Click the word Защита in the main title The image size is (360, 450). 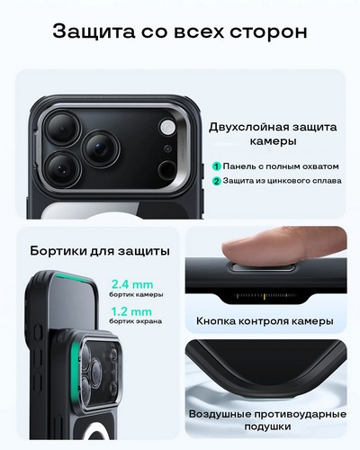(x=94, y=31)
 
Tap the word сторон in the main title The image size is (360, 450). (x=268, y=31)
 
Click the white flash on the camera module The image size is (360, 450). (x=167, y=127)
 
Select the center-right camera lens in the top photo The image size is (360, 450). (x=101, y=148)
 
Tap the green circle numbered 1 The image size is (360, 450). (x=217, y=166)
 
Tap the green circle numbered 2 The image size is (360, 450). (x=217, y=181)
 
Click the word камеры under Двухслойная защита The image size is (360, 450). (x=273, y=141)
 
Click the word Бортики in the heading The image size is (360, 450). (x=58, y=251)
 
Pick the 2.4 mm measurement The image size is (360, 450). (x=132, y=284)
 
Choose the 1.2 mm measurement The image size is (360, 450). (x=131, y=311)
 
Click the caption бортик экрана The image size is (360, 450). (x=136, y=321)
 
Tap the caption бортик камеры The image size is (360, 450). (x=136, y=294)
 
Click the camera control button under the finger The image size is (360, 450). (x=262, y=266)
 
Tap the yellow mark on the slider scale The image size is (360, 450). (x=265, y=297)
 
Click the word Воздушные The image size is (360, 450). (x=220, y=415)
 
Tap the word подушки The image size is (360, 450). (x=267, y=427)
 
